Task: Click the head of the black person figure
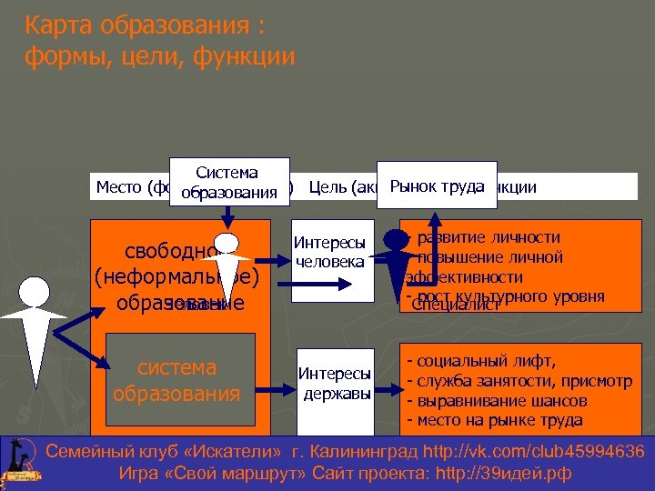397,240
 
